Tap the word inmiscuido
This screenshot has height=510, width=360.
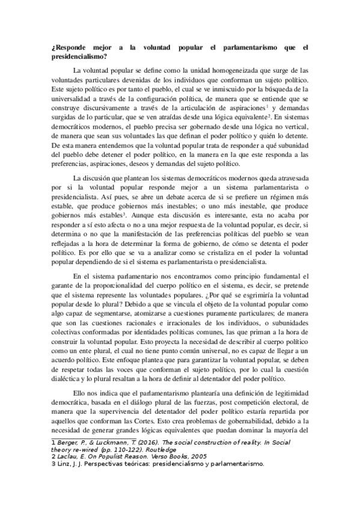point(221,89)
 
